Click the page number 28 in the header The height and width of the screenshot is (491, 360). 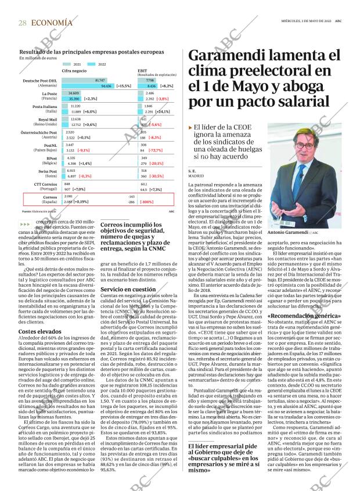pos(22,23)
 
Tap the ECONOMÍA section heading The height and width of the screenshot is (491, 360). pos(52,23)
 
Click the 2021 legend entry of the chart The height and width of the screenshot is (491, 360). pos(76,64)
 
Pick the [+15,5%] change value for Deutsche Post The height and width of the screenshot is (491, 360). pos(123,85)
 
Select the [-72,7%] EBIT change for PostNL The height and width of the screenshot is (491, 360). pos(155,150)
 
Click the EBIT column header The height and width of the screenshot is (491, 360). pos(142,70)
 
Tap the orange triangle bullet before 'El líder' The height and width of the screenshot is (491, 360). pos(190,127)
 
